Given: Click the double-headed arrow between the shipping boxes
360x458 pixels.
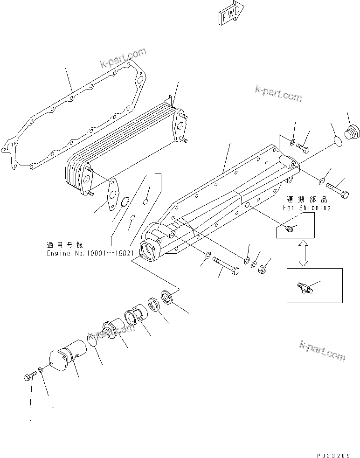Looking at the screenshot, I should tap(303, 253).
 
